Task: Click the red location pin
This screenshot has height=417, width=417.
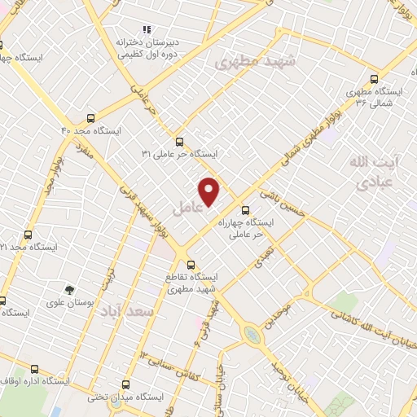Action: pyautogui.click(x=210, y=191)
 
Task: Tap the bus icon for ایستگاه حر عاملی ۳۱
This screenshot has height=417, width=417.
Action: pyautogui.click(x=179, y=140)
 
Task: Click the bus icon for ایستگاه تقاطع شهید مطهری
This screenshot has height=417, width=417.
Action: pyautogui.click(x=191, y=264)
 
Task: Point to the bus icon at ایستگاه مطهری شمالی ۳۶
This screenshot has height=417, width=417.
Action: pyautogui.click(x=374, y=79)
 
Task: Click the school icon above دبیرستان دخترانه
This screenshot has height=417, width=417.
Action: pyautogui.click(x=147, y=29)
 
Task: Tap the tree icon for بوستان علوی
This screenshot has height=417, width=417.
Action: pyautogui.click(x=69, y=289)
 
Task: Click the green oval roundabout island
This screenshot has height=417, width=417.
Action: pyautogui.click(x=253, y=333)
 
